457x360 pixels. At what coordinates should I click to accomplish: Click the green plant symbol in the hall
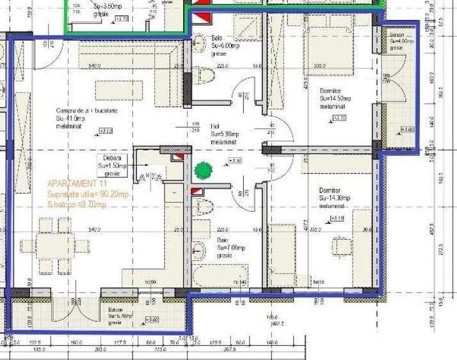(204, 170)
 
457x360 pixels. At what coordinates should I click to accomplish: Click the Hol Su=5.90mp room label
(224, 130)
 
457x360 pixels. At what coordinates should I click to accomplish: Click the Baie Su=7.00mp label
(229, 242)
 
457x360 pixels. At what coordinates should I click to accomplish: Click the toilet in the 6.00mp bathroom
(205, 76)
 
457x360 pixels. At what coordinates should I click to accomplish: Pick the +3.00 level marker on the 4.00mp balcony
(408, 130)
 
